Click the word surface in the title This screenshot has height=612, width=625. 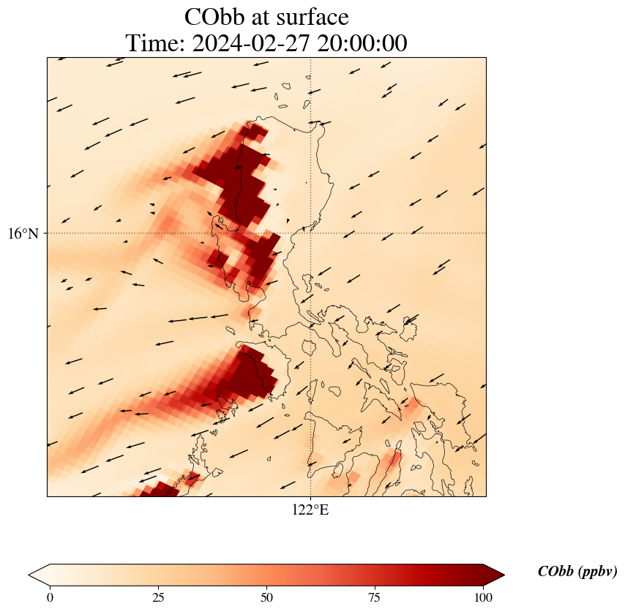coord(313,17)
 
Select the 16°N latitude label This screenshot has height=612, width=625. coord(28,234)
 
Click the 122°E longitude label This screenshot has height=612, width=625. coord(310,510)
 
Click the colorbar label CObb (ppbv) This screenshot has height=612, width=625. coord(577,572)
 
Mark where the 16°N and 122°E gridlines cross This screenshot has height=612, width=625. coord(311,234)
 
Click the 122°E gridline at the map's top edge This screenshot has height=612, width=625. coord(311,58)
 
